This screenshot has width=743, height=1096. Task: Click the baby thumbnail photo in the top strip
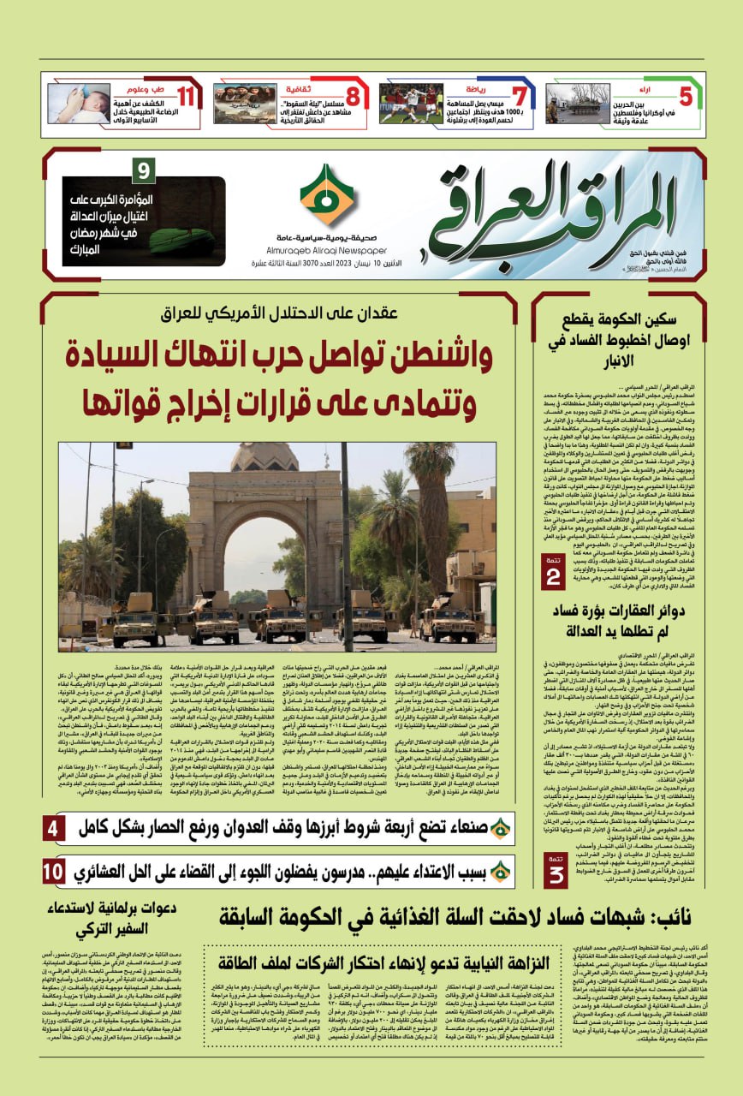click(79, 104)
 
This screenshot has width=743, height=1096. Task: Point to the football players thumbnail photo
click(411, 104)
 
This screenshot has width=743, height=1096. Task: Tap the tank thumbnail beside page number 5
click(578, 104)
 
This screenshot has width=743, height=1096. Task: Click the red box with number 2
click(554, 573)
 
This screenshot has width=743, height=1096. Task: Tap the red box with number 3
click(556, 868)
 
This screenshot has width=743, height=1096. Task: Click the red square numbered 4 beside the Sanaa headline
click(53, 828)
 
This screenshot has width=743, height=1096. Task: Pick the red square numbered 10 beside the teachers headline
click(53, 871)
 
